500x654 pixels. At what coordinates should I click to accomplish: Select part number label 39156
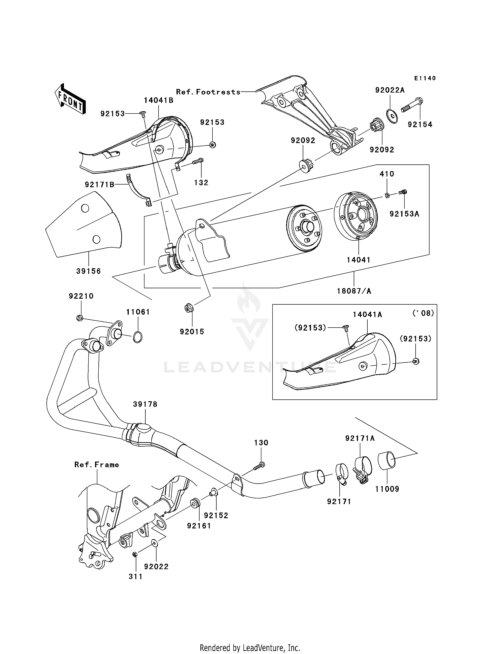coord(88,271)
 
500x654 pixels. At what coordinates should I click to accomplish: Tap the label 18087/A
coord(354,291)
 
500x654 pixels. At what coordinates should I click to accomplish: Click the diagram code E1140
coord(425,78)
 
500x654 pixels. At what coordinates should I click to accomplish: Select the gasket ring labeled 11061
coord(138,337)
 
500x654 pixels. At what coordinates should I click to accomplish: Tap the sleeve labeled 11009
coord(387,461)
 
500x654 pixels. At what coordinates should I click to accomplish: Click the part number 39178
coord(145,404)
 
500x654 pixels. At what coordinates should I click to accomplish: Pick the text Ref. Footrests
coord(208,92)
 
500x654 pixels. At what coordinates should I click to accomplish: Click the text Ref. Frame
coord(97,465)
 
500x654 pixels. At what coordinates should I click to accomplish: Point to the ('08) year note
coord(423,313)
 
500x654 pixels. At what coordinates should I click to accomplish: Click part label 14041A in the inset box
coord(367,314)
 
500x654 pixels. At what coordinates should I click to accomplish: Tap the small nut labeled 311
coord(135,554)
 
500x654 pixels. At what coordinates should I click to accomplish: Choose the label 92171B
coord(99,184)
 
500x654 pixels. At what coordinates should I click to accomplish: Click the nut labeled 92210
coord(79,318)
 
